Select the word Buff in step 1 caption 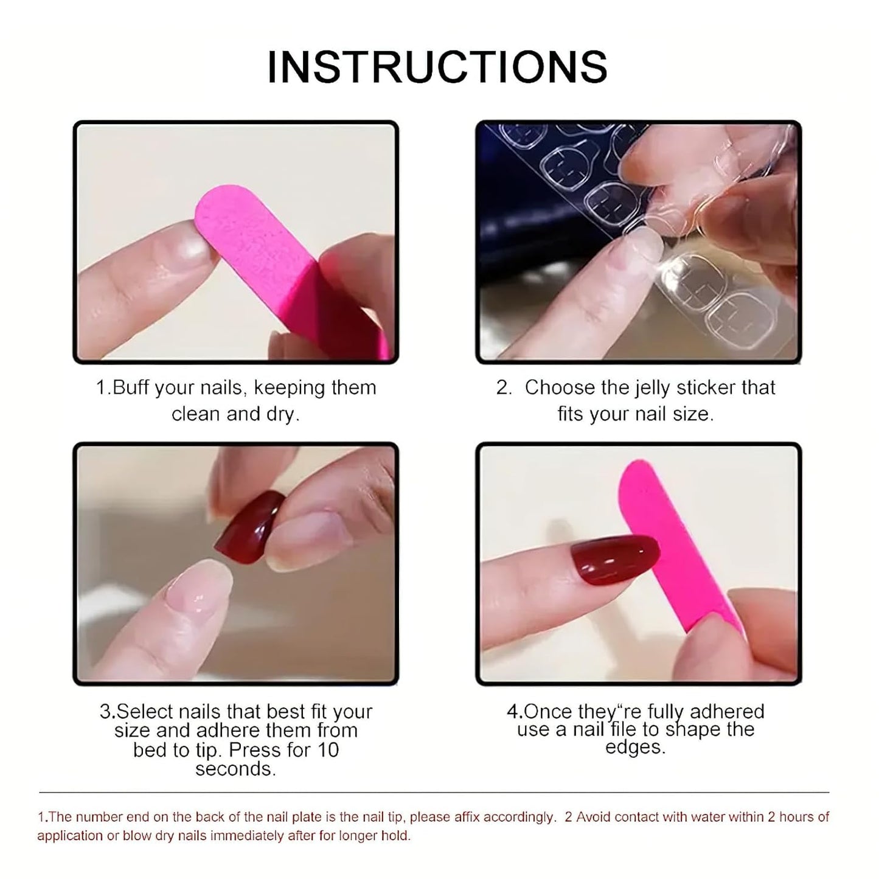point(131,387)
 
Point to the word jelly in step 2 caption point(652,387)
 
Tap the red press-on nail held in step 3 point(249,522)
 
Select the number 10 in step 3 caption point(327,750)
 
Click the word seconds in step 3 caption point(235,769)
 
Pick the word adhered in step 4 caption point(727,711)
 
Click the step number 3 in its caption point(105,712)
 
